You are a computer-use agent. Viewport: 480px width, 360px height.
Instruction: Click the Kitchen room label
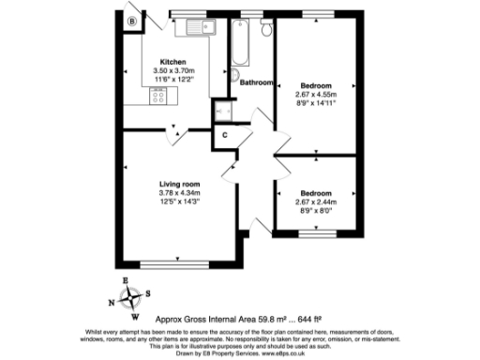(172, 63)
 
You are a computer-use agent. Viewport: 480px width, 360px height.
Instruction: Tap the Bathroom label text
(256, 82)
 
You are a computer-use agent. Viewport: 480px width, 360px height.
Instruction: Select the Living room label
(180, 185)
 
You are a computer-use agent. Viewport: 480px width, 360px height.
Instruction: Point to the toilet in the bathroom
(266, 32)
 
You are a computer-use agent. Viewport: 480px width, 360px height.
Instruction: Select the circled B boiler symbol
(132, 21)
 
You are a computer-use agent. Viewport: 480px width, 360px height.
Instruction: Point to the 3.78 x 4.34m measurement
(180, 194)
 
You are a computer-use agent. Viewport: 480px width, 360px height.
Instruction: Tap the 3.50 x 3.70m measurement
(172, 72)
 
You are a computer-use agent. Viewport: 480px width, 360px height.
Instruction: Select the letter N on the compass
(112, 302)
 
